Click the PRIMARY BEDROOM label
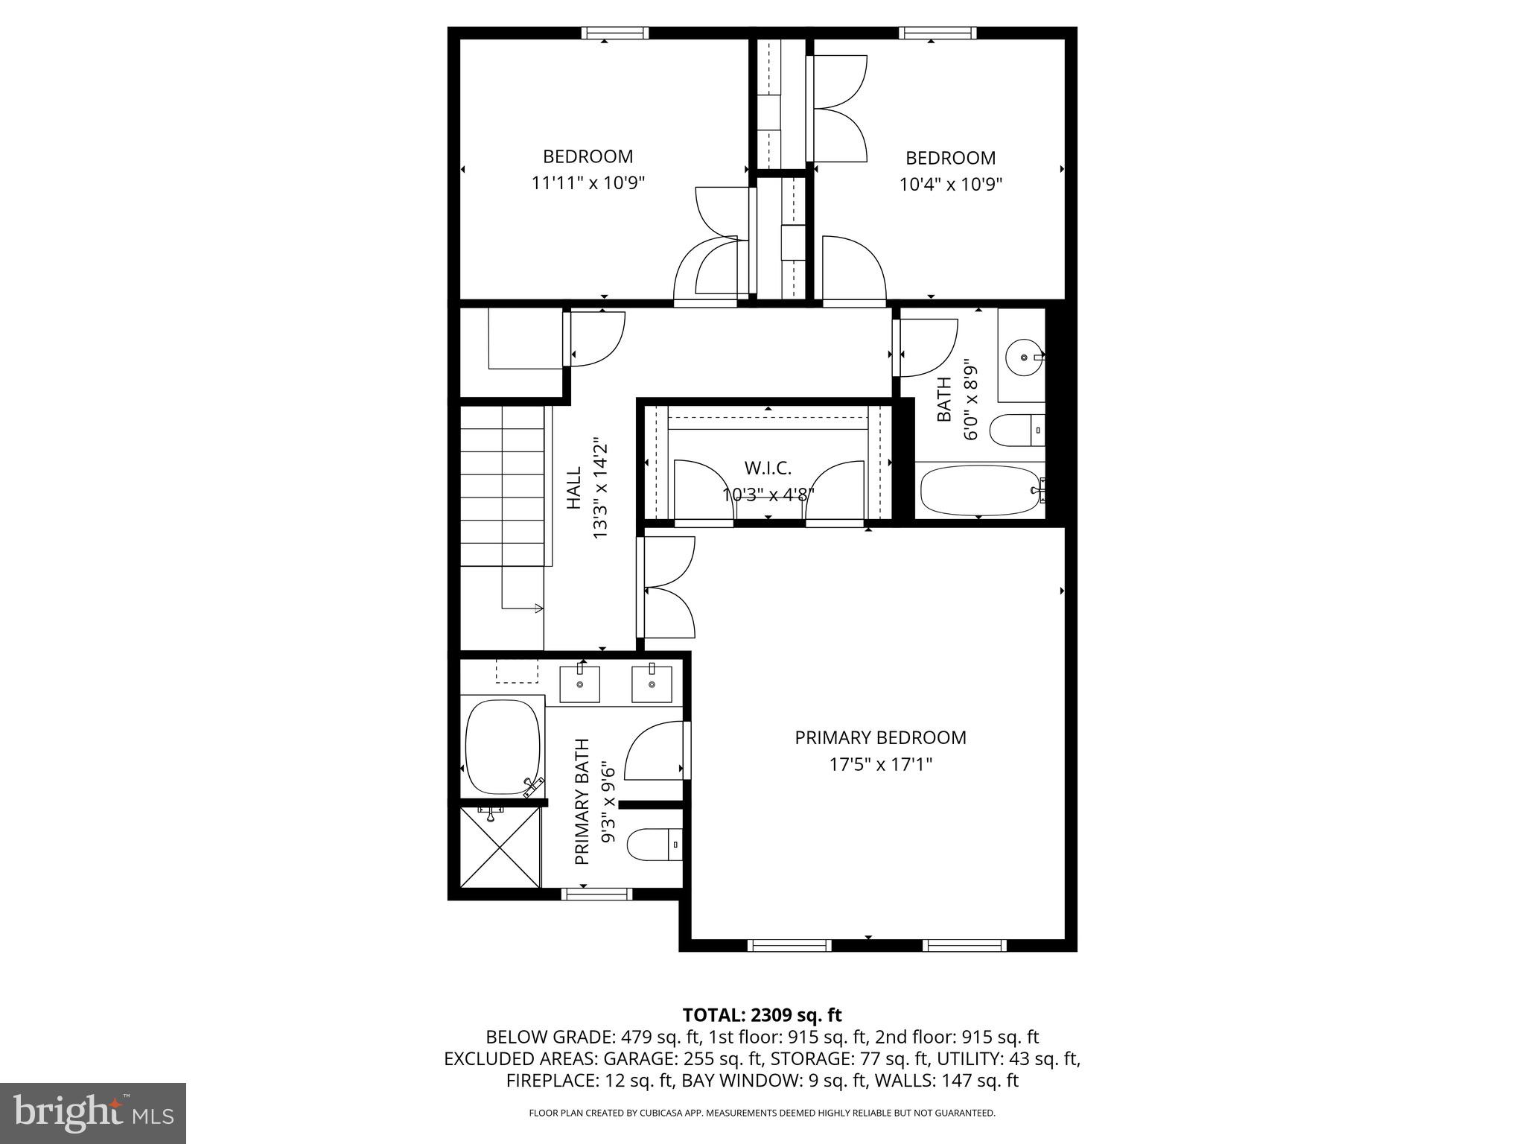880,737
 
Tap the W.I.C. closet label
768,468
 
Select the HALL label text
574,489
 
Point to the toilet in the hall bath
1016,430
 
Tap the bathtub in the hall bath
979,490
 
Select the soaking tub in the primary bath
502,746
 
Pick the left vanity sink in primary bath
579,684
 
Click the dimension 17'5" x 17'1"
880,764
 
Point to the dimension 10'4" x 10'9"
951,184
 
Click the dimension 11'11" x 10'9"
588,182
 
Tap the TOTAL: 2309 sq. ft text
762,1014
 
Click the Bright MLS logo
93,1113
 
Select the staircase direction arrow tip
541,608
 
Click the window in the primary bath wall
596,894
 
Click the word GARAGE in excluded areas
634,1058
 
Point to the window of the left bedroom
614,33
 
